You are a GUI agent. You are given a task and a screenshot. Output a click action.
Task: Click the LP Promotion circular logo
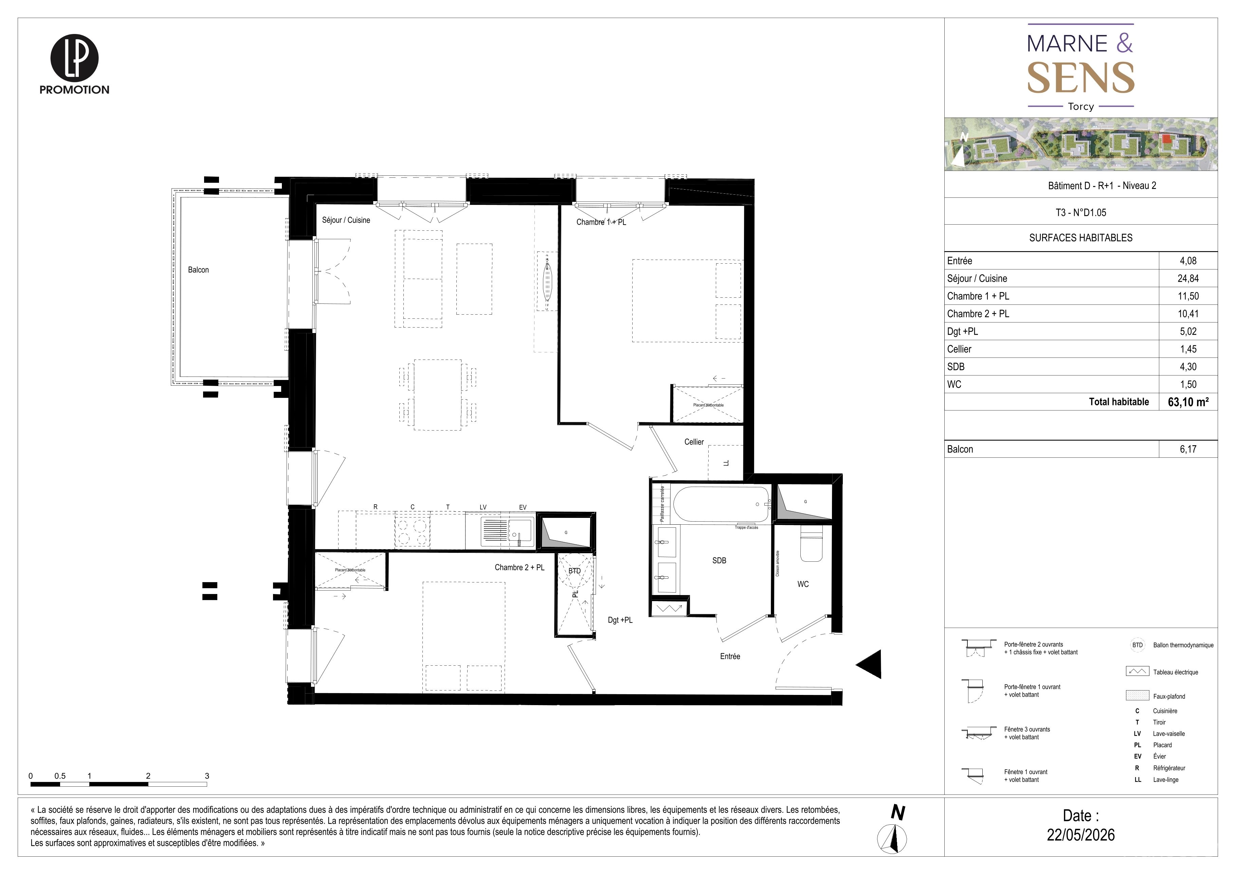tap(74, 57)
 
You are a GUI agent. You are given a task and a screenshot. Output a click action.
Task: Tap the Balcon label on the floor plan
tap(199, 269)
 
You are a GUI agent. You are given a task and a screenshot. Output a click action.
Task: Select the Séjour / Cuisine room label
tap(346, 220)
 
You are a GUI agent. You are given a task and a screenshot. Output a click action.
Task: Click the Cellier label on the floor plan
tap(694, 442)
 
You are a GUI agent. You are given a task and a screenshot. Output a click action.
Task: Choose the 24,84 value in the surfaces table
tap(1188, 278)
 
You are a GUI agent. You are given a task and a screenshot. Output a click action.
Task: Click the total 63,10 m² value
tap(1188, 402)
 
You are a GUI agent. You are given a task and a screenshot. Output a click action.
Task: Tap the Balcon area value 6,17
tap(1188, 449)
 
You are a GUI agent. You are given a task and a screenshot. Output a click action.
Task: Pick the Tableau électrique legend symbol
tap(1137, 672)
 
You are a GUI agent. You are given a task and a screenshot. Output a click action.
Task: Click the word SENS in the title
tap(1080, 78)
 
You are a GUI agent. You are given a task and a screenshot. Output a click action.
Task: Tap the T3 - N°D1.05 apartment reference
tap(1080, 213)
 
